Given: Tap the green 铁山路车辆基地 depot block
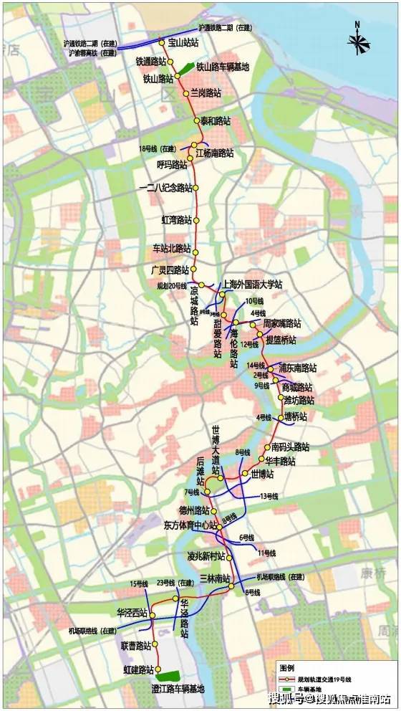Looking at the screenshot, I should click(x=185, y=69).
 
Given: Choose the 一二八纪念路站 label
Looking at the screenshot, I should click(x=165, y=189).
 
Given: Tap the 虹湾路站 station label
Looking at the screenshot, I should click(x=177, y=219).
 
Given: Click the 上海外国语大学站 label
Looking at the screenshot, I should click(x=253, y=284).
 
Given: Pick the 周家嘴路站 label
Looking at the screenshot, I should click(x=282, y=324).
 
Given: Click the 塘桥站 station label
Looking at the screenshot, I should click(x=295, y=416).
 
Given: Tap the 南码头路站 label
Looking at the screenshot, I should click(x=290, y=447).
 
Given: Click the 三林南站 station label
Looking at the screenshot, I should click(x=215, y=578).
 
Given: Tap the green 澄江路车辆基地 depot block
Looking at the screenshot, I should click(x=170, y=675).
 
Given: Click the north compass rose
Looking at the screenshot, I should click(x=358, y=43).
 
